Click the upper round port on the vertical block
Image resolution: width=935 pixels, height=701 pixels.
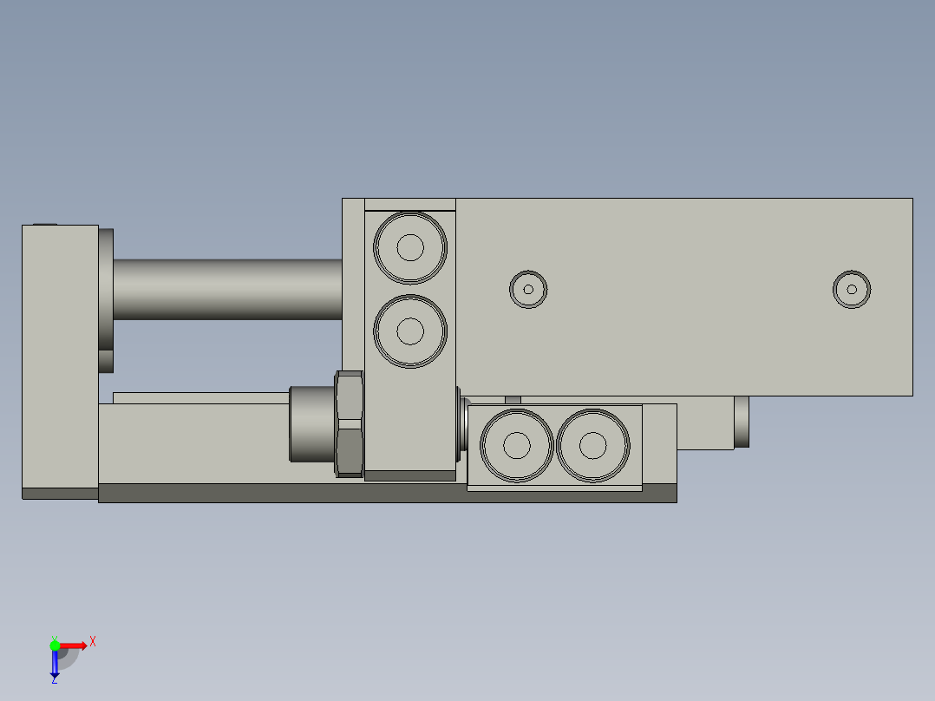pos(410,247)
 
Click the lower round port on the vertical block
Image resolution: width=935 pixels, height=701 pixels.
pos(410,331)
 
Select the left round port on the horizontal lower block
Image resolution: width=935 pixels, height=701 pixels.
pos(517,446)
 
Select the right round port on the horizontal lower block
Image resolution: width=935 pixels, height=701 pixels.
pos(593,446)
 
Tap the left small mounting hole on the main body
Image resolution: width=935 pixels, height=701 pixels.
pos(527,289)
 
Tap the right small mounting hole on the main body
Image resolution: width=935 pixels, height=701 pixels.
pos(852,289)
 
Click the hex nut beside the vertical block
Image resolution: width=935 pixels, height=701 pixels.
pos(349,423)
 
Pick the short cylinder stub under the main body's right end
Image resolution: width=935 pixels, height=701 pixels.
pos(742,422)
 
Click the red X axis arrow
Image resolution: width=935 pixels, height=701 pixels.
pos(74,645)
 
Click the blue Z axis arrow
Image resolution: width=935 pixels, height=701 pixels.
pos(55,663)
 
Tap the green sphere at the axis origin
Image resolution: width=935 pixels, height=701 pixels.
pos(55,645)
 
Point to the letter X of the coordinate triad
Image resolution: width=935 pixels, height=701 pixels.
pos(93,642)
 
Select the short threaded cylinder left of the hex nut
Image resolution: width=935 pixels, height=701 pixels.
pos(311,423)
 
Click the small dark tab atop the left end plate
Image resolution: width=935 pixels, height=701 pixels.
pos(44,224)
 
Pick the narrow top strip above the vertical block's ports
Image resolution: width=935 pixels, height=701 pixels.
pos(409,205)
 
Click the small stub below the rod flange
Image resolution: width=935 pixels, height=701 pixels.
pos(106,361)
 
